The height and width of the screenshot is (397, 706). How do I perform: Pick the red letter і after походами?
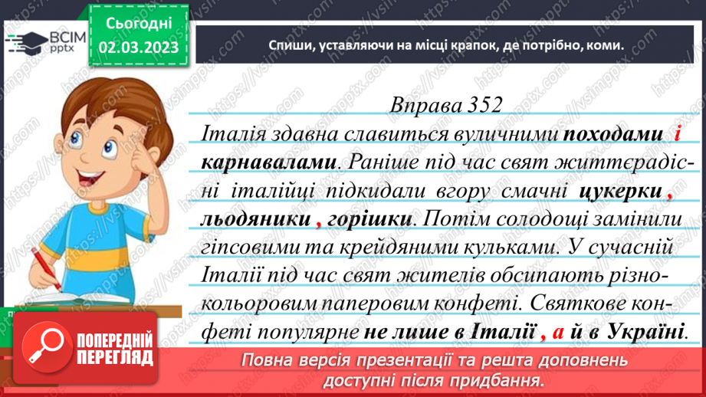pyautogui.click(x=678, y=135)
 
